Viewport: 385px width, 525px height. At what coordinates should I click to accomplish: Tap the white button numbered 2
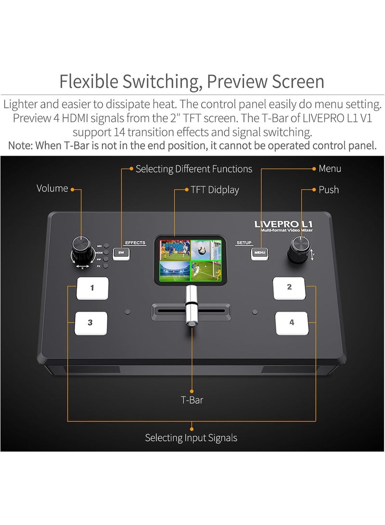coord(289,288)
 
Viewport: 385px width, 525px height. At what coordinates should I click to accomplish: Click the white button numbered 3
coord(90,323)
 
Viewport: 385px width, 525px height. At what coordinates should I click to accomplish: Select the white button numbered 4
coord(292,323)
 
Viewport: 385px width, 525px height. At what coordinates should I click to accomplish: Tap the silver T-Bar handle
coord(192,304)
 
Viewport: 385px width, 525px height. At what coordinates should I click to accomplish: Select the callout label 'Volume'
coord(52,189)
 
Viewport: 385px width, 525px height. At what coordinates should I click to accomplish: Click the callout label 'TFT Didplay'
coord(214,190)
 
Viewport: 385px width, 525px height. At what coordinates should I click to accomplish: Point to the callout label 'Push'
coord(329,190)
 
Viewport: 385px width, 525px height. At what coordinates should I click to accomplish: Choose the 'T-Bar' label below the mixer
coord(192,400)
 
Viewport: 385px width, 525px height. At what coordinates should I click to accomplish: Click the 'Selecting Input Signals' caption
coord(191,438)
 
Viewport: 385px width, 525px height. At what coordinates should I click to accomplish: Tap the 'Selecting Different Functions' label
coord(194,169)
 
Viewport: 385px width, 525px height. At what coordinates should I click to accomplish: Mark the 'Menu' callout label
coord(330,168)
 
